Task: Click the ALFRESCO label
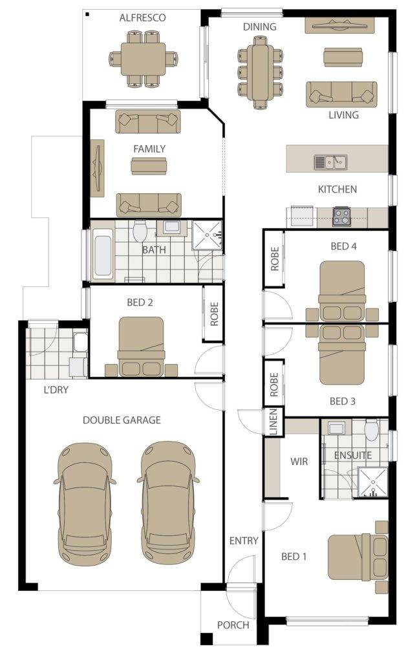pyautogui.click(x=142, y=17)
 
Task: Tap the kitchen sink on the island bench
pyautogui.click(x=330, y=162)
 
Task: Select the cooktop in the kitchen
pyautogui.click(x=341, y=216)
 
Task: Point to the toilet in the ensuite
pyautogui.click(x=371, y=430)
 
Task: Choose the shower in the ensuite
pyautogui.click(x=372, y=482)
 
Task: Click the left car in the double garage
pyautogui.click(x=85, y=504)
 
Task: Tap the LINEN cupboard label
pyautogui.click(x=273, y=422)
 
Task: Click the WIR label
pyautogui.click(x=299, y=462)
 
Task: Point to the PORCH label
pyautogui.click(x=233, y=625)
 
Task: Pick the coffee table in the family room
pyautogui.click(x=149, y=166)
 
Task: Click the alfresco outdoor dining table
pyautogui.click(x=143, y=59)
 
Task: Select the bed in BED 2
pyautogui.click(x=142, y=347)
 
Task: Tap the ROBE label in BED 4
pyautogui.click(x=275, y=259)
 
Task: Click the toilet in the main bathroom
pyautogui.click(x=139, y=231)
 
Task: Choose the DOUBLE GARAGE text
pyautogui.click(x=122, y=420)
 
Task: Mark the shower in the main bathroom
pyautogui.click(x=207, y=235)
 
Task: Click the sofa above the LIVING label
pyautogui.click(x=341, y=94)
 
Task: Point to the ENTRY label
pyautogui.click(x=244, y=541)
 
